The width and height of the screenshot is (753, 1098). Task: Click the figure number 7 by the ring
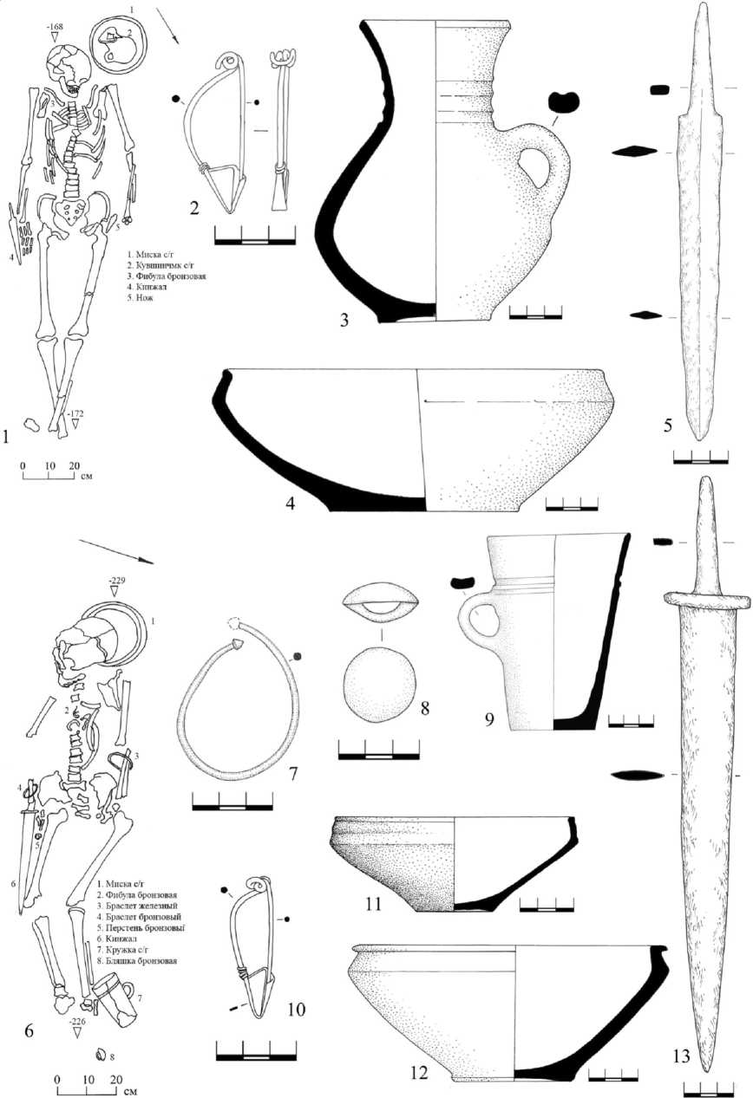tap(292, 772)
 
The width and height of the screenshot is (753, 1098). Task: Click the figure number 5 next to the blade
tap(667, 426)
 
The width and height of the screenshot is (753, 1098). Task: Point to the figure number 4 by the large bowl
tap(291, 502)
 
